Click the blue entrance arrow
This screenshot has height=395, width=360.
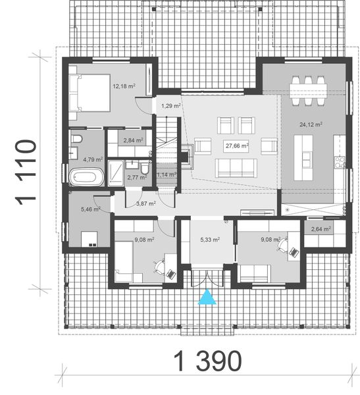pyautogui.click(x=208, y=298)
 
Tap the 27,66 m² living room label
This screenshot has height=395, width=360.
pyautogui.click(x=236, y=146)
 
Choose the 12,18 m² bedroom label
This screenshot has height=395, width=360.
pyautogui.click(x=123, y=86)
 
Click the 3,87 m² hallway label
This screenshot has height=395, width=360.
pyautogui.click(x=145, y=204)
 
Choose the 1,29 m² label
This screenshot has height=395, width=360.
pyautogui.click(x=170, y=105)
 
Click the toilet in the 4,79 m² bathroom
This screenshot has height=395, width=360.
pyautogui.click(x=76, y=139)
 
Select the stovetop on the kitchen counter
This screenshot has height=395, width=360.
pyautogui.click(x=340, y=161)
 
